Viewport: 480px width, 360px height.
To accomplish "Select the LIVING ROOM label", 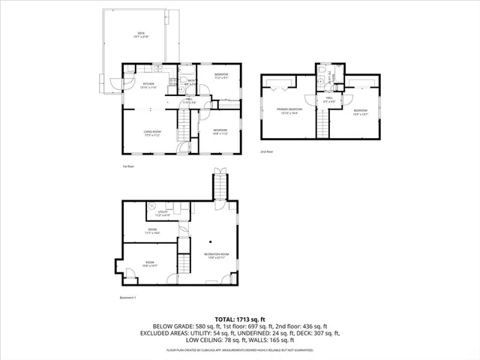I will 153,133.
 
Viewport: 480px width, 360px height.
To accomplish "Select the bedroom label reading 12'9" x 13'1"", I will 360,112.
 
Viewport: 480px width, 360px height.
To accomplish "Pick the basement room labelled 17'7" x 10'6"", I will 152,232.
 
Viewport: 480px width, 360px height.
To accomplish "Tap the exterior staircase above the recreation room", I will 220,183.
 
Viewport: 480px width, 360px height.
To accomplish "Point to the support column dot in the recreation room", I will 211,241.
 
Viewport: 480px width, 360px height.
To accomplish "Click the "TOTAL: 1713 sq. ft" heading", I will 239,319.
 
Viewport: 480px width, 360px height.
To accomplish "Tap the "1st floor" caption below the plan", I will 127,166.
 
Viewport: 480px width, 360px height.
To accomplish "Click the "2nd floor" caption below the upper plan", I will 266,151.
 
